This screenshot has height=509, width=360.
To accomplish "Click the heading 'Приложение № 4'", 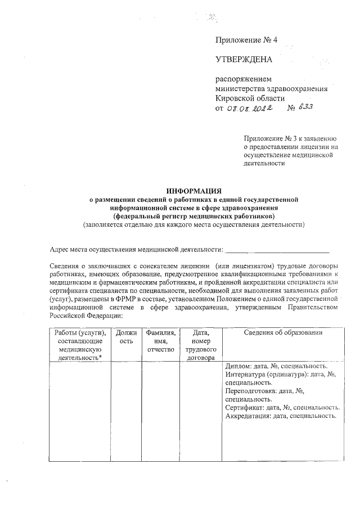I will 246,40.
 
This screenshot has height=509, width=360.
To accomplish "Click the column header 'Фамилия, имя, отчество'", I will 160,341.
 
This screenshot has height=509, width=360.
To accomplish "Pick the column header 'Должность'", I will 126,337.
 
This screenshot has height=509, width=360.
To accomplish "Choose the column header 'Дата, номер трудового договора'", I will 201,345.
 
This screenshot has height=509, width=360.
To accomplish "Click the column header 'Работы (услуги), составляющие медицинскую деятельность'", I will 79,345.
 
